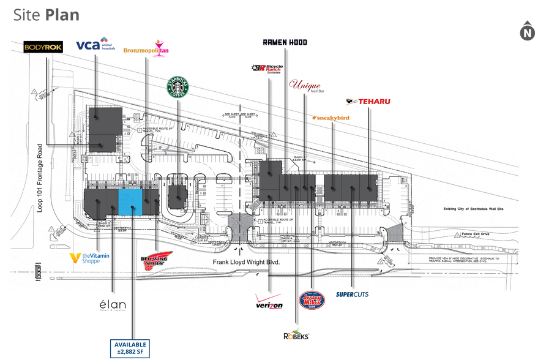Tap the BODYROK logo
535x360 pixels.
point(45,47)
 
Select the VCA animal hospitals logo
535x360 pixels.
point(95,44)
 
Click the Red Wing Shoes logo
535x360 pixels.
point(157,260)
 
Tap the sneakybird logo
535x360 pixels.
point(331,117)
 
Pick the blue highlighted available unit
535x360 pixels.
point(130,201)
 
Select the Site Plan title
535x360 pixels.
point(47,15)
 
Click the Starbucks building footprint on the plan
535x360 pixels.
point(178,195)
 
